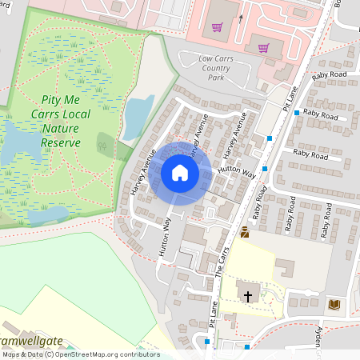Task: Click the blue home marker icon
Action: [x=180, y=173]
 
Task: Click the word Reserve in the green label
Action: [x=61, y=142]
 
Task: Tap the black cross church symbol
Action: [x=248, y=296]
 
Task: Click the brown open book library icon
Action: [x=334, y=304]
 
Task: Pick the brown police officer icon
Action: [x=245, y=232]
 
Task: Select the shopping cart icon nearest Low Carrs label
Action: [x=263, y=48]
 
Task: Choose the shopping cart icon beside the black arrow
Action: [x=217, y=26]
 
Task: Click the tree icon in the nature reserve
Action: [x=102, y=146]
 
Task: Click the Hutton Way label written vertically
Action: [x=166, y=238]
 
